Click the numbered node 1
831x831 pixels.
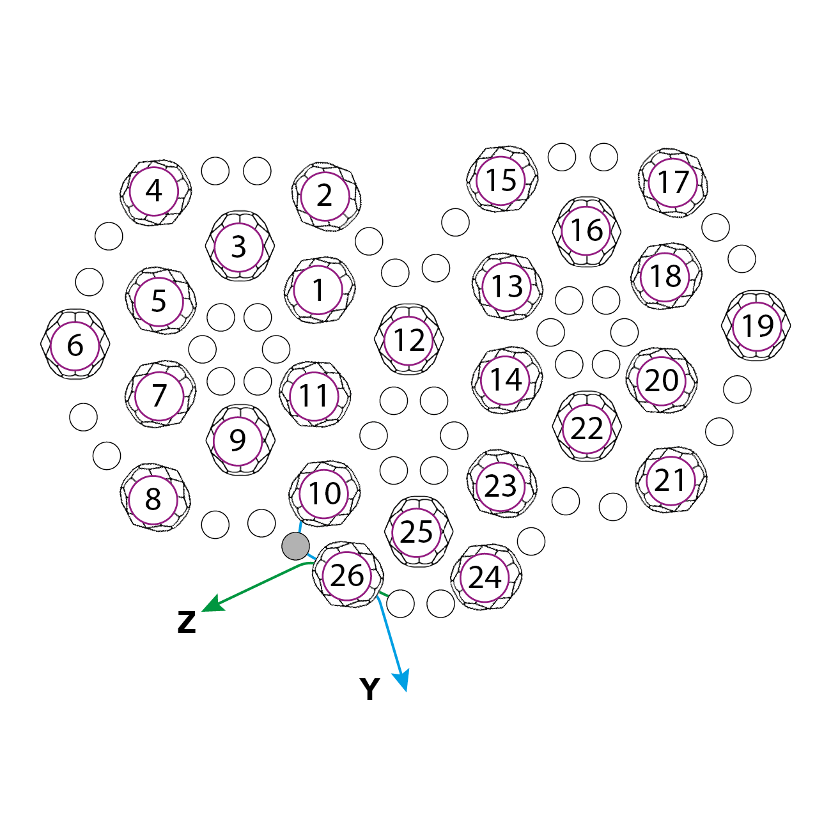(x=318, y=290)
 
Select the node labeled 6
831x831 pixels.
(x=75, y=345)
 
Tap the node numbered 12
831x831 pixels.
(x=409, y=339)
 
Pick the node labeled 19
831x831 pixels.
(x=757, y=326)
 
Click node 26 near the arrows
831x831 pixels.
(x=347, y=575)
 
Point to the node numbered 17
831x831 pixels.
(x=673, y=182)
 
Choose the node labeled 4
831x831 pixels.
(x=154, y=191)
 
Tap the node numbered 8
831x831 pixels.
(x=153, y=499)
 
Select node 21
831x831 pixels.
(x=671, y=480)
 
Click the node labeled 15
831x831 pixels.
(x=501, y=180)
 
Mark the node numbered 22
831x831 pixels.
(x=587, y=428)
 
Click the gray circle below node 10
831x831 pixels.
(x=295, y=546)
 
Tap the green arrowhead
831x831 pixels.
(x=211, y=605)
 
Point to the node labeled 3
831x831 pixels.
(x=239, y=247)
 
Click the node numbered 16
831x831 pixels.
(x=586, y=230)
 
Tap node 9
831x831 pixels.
(x=238, y=440)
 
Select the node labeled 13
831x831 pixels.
(x=507, y=286)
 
